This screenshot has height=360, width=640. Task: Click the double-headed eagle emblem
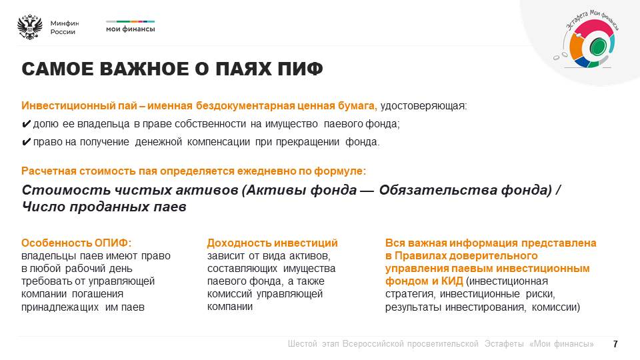(x=30, y=27)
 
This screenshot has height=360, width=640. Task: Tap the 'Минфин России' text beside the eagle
(x=65, y=27)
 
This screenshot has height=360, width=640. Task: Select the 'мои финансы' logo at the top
(x=130, y=27)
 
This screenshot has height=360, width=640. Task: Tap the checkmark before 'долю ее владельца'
(x=26, y=124)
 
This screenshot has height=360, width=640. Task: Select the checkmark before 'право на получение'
(x=26, y=142)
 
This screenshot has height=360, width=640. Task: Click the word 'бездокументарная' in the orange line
(x=245, y=106)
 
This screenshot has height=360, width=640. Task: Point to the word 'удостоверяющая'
(x=423, y=106)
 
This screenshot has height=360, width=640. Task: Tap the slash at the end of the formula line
(x=558, y=190)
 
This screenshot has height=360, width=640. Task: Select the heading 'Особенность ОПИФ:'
(x=76, y=243)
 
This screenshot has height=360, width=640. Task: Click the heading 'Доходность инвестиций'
(x=272, y=243)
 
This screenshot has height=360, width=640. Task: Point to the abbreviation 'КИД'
(x=452, y=281)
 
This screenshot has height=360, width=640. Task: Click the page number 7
(x=615, y=344)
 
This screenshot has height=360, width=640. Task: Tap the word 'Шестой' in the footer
(x=303, y=344)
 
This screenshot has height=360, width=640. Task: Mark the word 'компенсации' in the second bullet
(x=219, y=142)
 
